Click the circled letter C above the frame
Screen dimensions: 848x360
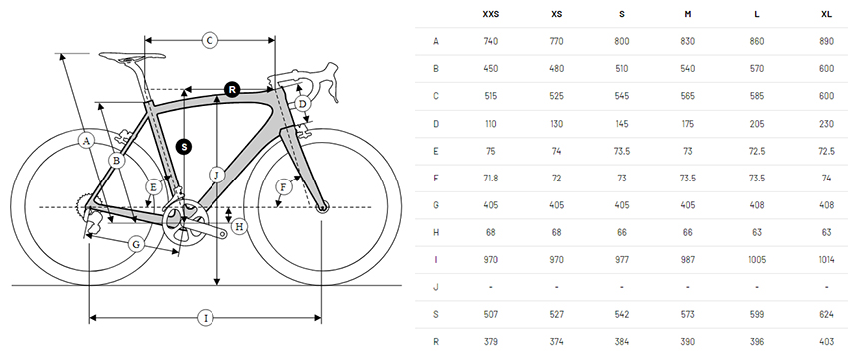(x=210, y=40)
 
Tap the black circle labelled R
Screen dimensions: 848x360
(x=232, y=90)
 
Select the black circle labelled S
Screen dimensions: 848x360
(x=185, y=146)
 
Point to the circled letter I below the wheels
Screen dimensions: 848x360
(x=205, y=318)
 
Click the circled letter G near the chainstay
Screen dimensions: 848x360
(x=137, y=245)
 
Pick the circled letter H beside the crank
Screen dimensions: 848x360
(x=240, y=226)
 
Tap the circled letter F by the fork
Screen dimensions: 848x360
(x=283, y=187)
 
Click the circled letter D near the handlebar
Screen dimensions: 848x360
(x=303, y=104)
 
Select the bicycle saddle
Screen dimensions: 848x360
(x=132, y=55)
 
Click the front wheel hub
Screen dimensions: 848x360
(x=322, y=207)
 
